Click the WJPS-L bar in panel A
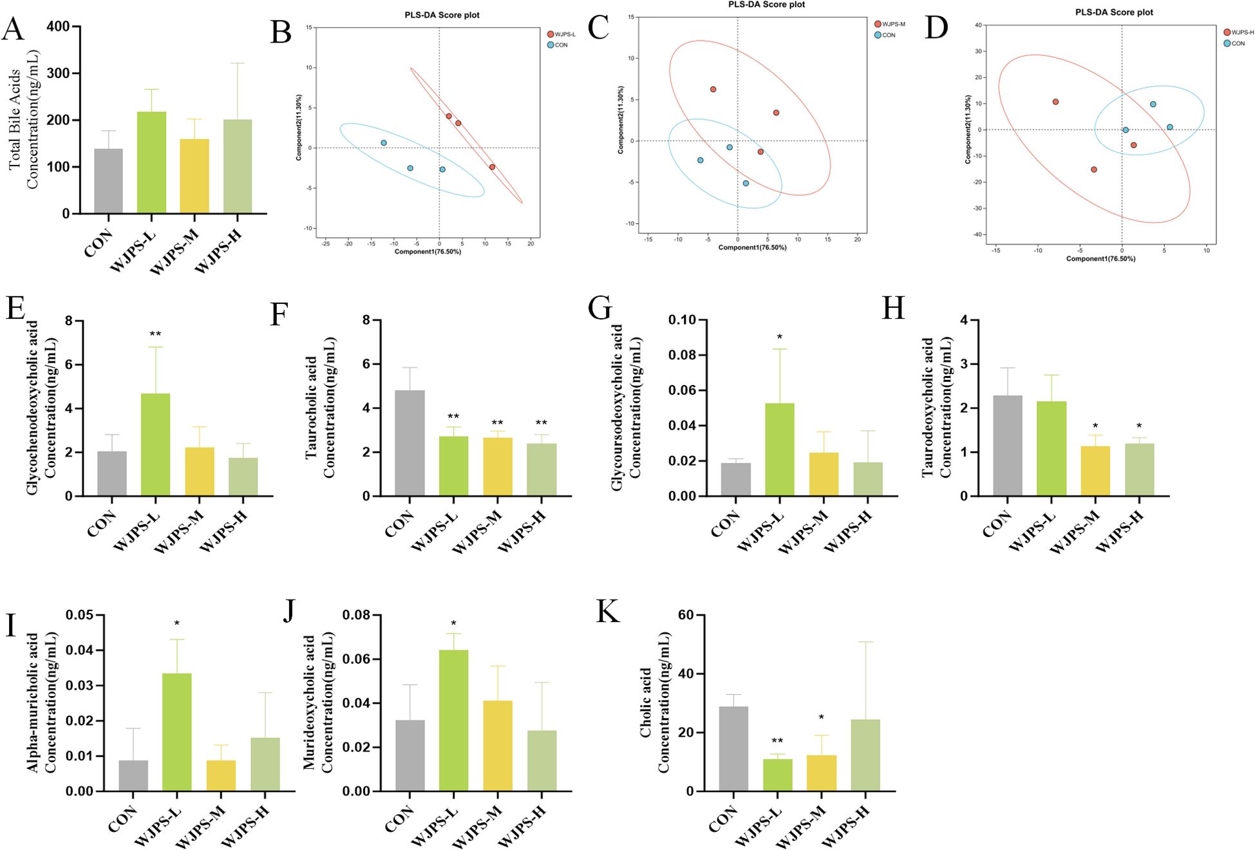click(x=151, y=162)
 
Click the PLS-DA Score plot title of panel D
click(x=1113, y=12)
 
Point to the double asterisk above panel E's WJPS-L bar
click(x=155, y=334)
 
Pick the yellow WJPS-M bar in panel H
click(x=1095, y=471)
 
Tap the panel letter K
click(x=607, y=612)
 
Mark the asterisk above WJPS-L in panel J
click(x=453, y=623)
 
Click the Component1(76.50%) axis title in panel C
click(x=752, y=247)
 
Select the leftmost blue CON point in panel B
click(x=384, y=143)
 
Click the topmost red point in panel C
click(x=713, y=90)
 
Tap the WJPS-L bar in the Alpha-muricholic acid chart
click(x=176, y=732)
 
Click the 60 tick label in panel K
click(x=686, y=616)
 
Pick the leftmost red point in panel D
click(x=1055, y=102)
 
